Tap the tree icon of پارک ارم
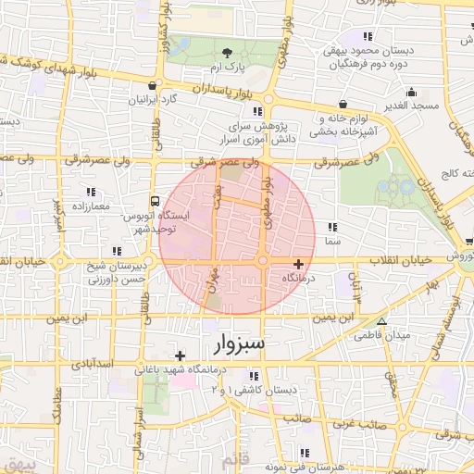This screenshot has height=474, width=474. pyautogui.click(x=228, y=52)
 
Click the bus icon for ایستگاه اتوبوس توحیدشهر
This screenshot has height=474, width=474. pyautogui.click(x=155, y=201)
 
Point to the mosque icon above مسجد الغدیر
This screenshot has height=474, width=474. pyautogui.click(x=410, y=92)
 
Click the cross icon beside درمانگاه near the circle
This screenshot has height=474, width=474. pyautogui.click(x=298, y=264)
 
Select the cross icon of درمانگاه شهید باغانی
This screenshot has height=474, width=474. pyautogui.click(x=180, y=355)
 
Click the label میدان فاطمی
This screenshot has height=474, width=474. pyautogui.click(x=387, y=335)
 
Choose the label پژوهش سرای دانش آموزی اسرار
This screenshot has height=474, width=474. pyautogui.click(x=260, y=131)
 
